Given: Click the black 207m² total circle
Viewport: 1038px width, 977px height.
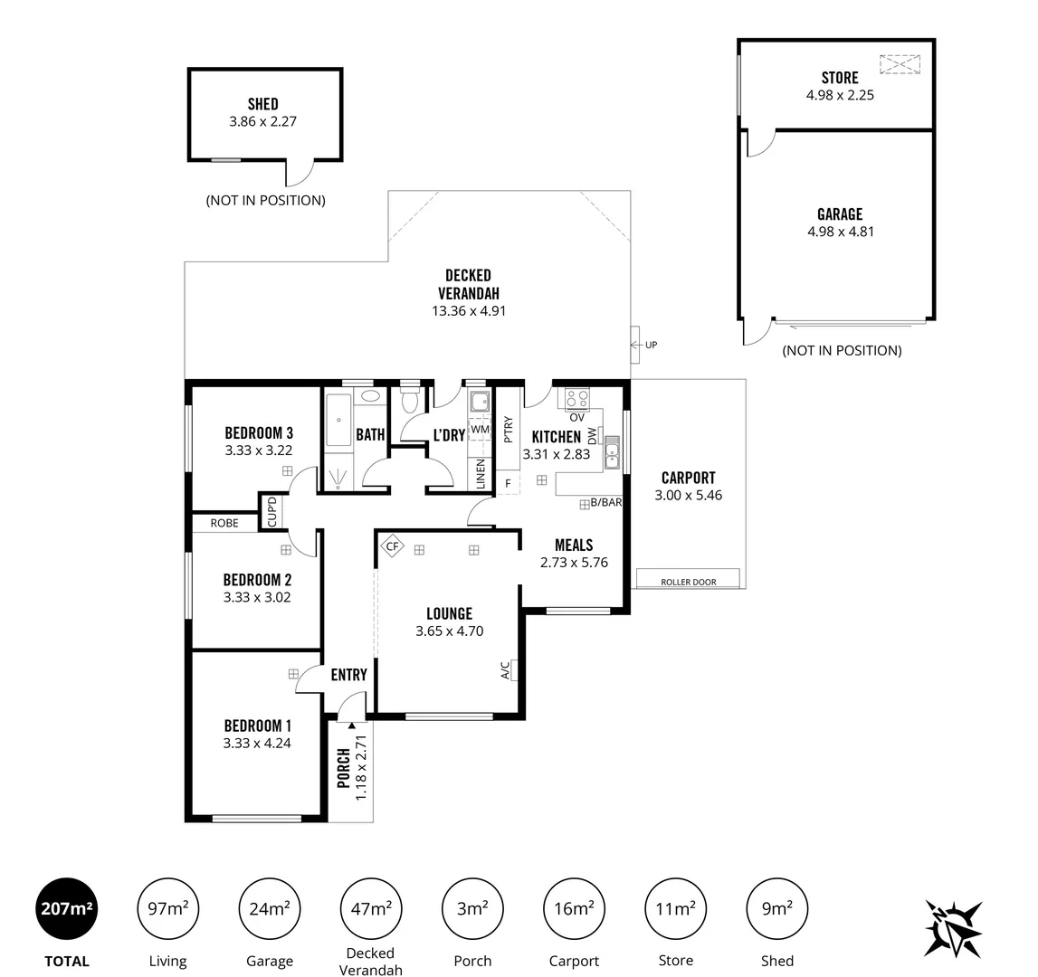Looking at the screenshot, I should pyautogui.click(x=66, y=908).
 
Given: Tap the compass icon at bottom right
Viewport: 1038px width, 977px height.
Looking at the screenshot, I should pyautogui.click(x=953, y=928).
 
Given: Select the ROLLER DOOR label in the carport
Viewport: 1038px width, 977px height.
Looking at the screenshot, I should pyautogui.click(x=688, y=582).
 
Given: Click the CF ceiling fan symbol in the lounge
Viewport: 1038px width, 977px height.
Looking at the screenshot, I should pyautogui.click(x=392, y=545).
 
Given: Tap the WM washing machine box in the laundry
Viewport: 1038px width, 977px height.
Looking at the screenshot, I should pyautogui.click(x=479, y=430).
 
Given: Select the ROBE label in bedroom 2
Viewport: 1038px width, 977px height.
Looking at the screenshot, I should pyautogui.click(x=224, y=523).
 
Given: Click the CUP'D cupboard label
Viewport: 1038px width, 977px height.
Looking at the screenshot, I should pyautogui.click(x=271, y=512).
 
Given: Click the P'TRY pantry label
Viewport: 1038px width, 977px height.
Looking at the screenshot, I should pyautogui.click(x=508, y=429).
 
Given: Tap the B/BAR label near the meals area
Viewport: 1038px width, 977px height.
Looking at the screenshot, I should pyautogui.click(x=605, y=502).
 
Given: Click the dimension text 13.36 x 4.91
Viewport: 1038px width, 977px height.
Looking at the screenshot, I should pyautogui.click(x=468, y=310).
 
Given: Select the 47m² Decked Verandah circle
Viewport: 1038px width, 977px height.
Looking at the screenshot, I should pyautogui.click(x=371, y=908).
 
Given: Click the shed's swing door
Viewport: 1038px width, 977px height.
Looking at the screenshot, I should pyautogui.click(x=300, y=172).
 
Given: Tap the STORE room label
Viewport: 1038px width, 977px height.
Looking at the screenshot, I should pyautogui.click(x=839, y=78).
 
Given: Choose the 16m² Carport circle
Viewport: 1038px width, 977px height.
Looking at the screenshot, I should pyautogui.click(x=574, y=908).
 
